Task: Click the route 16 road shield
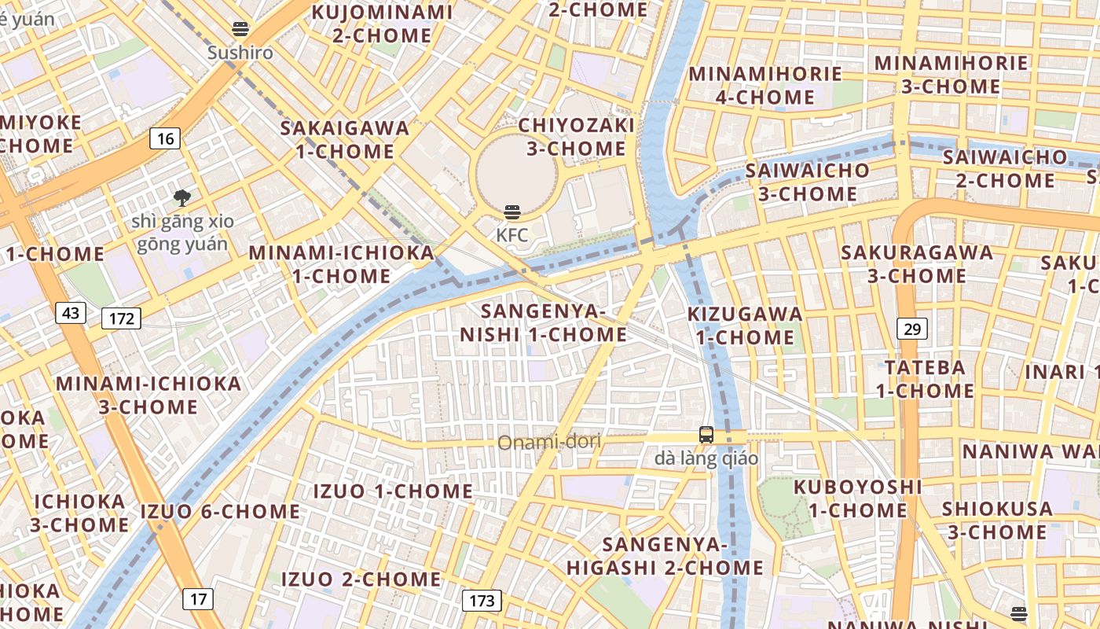point(165,139)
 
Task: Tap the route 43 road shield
point(71,313)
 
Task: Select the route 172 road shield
point(121,318)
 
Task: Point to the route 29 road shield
point(911,329)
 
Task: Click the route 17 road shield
point(198,599)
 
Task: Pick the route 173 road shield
point(482,601)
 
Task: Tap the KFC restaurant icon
point(512,212)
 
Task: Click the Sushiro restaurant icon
point(240,30)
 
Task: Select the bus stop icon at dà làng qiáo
point(706,435)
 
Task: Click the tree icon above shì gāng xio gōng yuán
point(183,197)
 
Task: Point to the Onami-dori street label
point(549,442)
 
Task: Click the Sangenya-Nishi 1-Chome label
point(544,323)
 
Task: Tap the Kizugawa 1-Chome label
point(745,326)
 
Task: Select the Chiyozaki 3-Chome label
point(576,137)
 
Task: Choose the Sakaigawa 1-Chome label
point(345,139)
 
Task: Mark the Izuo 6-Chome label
point(220,512)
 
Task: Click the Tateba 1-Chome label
point(925,379)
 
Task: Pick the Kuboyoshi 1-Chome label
point(857,498)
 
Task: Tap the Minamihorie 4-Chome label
point(764,86)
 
